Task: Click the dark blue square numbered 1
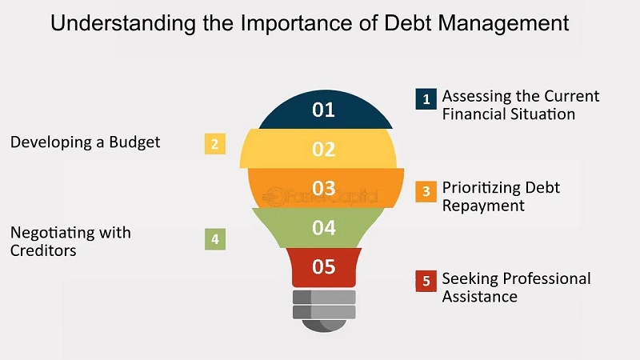pos(426,98)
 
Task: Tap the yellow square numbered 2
pos(215,144)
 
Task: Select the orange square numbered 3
pos(426,191)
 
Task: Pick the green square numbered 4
pos(215,239)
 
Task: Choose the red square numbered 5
pos(426,281)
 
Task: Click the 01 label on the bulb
pos(324,110)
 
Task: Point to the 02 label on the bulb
pos(324,149)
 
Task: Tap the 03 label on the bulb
pos(324,188)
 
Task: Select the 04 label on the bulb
pos(324,227)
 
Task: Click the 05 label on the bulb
pos(324,266)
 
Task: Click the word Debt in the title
pos(407,23)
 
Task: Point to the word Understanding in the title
pos(123,24)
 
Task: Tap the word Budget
pos(134,142)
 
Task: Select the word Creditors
pos(43,250)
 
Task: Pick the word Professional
pos(547,278)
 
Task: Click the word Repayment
pos(483,206)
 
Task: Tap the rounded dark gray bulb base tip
pos(324,326)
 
